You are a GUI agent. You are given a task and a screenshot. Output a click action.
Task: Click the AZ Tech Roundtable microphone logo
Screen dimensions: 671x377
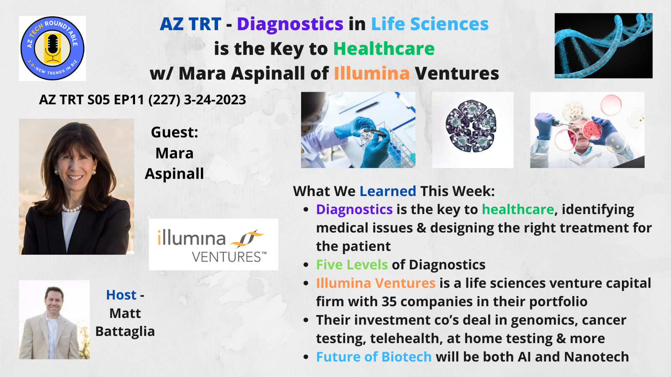pyautogui.click(x=52, y=48)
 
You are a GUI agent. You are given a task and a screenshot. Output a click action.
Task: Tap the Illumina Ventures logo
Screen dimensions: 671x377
pyautogui.click(x=213, y=245)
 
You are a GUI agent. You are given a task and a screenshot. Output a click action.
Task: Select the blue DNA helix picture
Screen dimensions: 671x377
pyautogui.click(x=603, y=46)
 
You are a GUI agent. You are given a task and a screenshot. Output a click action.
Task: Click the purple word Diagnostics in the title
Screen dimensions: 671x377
pyautogui.click(x=290, y=24)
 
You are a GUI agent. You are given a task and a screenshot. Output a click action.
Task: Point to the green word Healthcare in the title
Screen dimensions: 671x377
pyautogui.click(x=384, y=49)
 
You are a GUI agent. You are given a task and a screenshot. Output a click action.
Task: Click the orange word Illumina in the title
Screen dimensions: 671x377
pyautogui.click(x=372, y=73)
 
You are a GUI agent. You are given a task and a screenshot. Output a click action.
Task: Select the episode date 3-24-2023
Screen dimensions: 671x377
pyautogui.click(x=215, y=100)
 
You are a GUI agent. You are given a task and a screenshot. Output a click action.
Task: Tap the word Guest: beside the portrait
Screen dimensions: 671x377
pyautogui.click(x=174, y=132)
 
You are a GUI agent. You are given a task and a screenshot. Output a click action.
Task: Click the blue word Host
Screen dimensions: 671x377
pyautogui.click(x=121, y=295)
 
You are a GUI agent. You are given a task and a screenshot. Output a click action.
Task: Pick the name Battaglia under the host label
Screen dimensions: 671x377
pyautogui.click(x=125, y=331)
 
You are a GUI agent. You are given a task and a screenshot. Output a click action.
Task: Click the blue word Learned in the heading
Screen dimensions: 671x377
pyautogui.click(x=388, y=191)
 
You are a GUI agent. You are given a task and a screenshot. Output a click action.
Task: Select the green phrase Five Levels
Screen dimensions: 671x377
pyautogui.click(x=352, y=264)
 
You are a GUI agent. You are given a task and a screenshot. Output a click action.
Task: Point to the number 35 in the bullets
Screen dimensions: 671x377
pyautogui.click(x=389, y=302)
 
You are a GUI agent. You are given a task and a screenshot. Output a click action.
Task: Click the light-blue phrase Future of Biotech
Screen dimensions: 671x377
pyautogui.click(x=374, y=356)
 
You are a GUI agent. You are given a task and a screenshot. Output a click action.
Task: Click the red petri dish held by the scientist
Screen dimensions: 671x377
pyautogui.click(x=592, y=130)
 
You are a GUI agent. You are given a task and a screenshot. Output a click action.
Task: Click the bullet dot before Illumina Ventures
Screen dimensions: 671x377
pyautogui.click(x=306, y=283)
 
